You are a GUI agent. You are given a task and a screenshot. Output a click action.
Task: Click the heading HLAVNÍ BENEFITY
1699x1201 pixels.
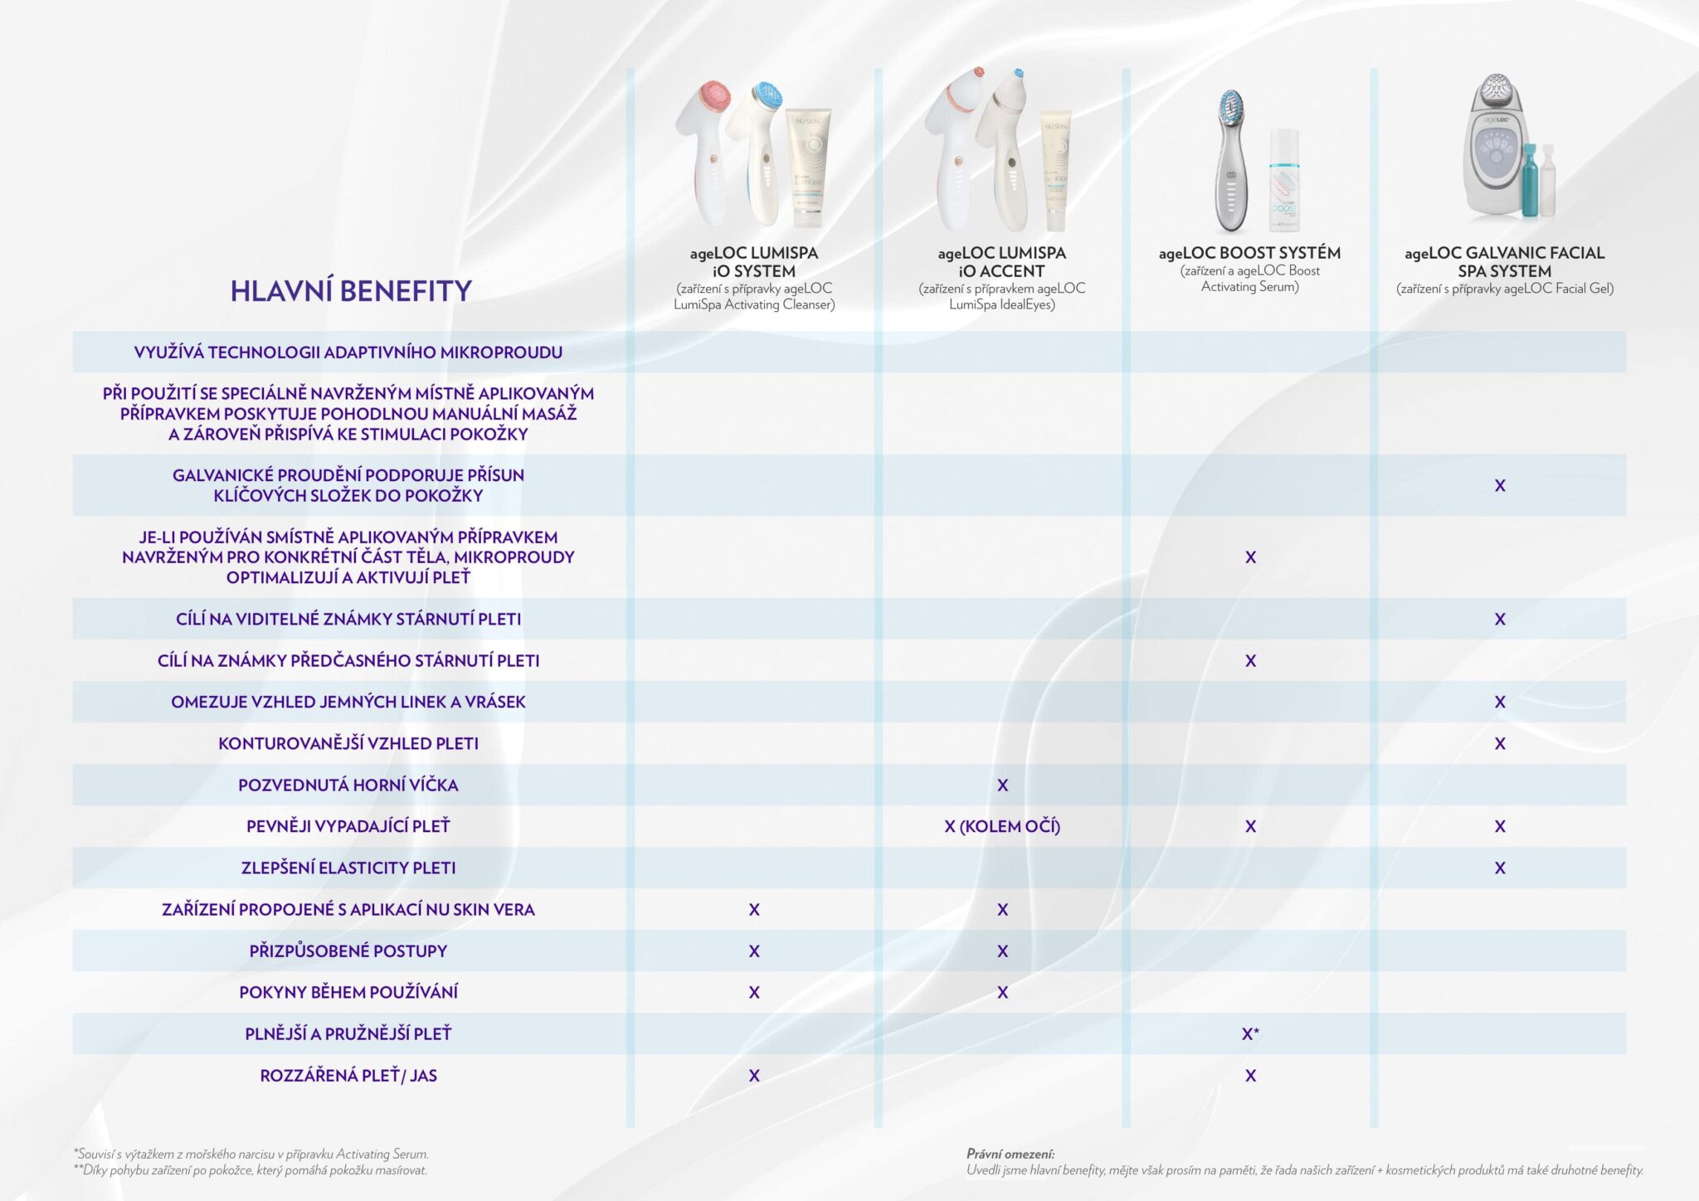[350, 291]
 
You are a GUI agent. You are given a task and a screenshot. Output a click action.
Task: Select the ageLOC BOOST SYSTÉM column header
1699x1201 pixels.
[1249, 253]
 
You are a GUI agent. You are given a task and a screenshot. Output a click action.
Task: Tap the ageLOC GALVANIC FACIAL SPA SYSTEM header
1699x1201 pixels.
[1504, 261]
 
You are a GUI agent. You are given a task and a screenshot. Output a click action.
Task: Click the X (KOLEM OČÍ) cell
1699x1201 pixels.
[1002, 826]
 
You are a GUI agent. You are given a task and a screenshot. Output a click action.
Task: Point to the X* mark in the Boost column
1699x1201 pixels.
[1250, 1033]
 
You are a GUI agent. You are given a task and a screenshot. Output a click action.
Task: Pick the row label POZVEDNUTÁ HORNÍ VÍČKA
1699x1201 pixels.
[348, 785]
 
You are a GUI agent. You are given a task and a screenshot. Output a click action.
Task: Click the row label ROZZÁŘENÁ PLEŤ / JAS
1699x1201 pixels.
[348, 1075]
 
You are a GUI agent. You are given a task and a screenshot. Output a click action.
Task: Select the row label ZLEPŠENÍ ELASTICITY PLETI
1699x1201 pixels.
[348, 868]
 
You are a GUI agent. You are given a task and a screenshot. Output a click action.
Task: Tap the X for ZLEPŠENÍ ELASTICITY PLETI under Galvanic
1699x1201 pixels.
[1500, 868]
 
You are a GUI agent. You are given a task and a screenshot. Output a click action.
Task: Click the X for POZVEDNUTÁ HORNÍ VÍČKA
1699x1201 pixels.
[1002, 785]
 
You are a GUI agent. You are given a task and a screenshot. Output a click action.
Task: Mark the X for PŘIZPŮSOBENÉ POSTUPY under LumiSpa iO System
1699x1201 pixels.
[754, 951]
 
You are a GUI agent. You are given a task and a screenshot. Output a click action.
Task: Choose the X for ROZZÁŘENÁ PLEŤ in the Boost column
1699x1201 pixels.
[1250, 1075]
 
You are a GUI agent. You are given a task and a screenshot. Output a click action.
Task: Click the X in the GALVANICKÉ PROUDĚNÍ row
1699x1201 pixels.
[1500, 485]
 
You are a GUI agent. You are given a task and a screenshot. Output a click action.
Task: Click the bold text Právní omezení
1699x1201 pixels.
[1010, 1154]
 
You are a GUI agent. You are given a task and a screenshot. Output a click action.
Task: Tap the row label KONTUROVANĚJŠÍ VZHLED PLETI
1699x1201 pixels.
[348, 743]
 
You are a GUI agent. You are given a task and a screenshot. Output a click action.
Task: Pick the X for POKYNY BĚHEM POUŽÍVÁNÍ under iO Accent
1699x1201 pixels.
[1002, 992]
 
